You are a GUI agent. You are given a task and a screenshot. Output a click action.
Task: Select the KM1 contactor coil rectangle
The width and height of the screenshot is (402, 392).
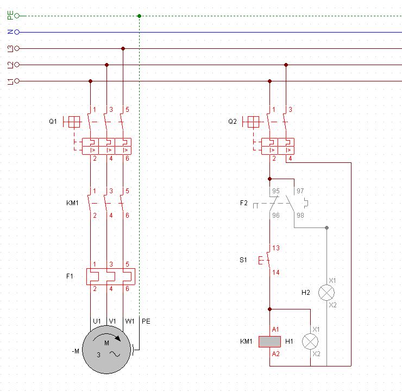click(x=269, y=342)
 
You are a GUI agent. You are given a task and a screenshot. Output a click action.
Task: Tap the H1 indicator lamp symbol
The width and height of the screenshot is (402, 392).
click(x=310, y=342)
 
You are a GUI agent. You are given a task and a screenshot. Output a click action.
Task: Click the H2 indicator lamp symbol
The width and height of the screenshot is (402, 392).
click(x=326, y=293)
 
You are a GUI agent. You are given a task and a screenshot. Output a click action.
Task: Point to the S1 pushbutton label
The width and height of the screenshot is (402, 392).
click(x=243, y=260)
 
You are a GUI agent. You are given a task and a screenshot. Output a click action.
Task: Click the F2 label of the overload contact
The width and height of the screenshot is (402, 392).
click(x=243, y=203)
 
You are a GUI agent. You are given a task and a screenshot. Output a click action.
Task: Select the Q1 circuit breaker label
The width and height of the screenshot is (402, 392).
click(x=52, y=122)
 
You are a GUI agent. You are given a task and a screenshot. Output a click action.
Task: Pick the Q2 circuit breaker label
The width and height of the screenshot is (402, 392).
click(x=233, y=122)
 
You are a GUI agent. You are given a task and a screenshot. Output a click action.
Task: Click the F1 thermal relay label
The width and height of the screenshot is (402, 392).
click(x=70, y=276)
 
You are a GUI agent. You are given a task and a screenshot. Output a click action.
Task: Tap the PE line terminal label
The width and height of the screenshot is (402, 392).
click(x=10, y=16)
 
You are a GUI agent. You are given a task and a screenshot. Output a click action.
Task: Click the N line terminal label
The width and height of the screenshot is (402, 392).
click(x=10, y=32)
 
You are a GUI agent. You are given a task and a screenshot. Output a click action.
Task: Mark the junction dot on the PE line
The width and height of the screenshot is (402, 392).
click(x=140, y=16)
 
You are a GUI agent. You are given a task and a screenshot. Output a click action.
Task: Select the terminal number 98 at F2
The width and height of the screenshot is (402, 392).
click(x=300, y=216)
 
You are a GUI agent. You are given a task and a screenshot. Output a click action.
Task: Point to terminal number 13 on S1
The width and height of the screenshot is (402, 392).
click(x=276, y=248)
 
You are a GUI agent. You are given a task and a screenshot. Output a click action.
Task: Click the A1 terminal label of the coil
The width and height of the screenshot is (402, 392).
click(x=275, y=330)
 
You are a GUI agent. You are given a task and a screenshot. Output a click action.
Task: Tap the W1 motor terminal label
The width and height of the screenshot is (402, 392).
click(x=129, y=321)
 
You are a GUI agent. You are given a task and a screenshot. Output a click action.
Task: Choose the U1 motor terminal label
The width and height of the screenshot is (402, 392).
click(x=97, y=321)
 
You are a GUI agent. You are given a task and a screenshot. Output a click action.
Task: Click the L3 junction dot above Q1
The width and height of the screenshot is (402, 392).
click(x=123, y=48)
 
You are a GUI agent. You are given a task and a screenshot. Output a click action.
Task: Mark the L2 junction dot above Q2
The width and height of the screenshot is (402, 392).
click(x=286, y=65)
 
